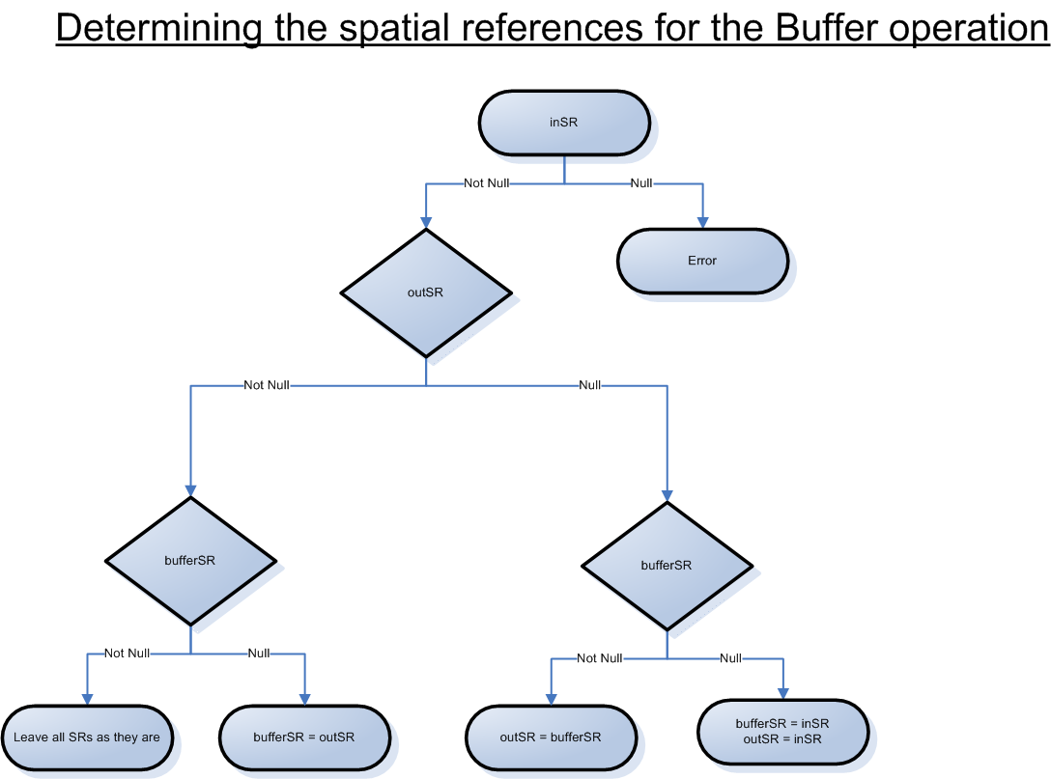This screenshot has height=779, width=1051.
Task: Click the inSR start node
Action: pyautogui.click(x=564, y=123)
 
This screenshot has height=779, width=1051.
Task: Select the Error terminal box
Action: pyautogui.click(x=702, y=261)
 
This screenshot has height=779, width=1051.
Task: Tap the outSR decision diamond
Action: pyautogui.click(x=426, y=292)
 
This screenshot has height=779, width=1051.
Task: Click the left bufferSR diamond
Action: pyautogui.click(x=190, y=560)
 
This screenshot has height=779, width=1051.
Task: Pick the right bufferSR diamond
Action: pyautogui.click(x=667, y=565)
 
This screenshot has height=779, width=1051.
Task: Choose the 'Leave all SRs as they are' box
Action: pyautogui.click(x=87, y=737)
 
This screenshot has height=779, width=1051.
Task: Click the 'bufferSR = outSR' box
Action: pyautogui.click(x=304, y=737)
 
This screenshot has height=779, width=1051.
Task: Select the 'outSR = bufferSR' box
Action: pyautogui.click(x=551, y=737)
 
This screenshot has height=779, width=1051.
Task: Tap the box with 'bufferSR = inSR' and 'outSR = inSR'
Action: pyautogui.click(x=782, y=731)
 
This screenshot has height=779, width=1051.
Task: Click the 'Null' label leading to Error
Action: pyautogui.click(x=640, y=183)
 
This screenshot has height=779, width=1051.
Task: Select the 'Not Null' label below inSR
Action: pyautogui.click(x=487, y=183)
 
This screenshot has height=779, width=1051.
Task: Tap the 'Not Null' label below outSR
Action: pyautogui.click(x=267, y=385)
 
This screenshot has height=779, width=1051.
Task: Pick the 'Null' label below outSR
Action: pyautogui.click(x=589, y=385)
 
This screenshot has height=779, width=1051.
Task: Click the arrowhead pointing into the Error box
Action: pyautogui.click(x=702, y=222)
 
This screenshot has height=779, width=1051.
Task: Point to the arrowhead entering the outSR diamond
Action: pyautogui.click(x=426, y=222)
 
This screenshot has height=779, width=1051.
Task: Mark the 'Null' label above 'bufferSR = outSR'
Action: pyautogui.click(x=259, y=654)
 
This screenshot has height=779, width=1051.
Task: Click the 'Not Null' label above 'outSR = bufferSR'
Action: pyautogui.click(x=600, y=658)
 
